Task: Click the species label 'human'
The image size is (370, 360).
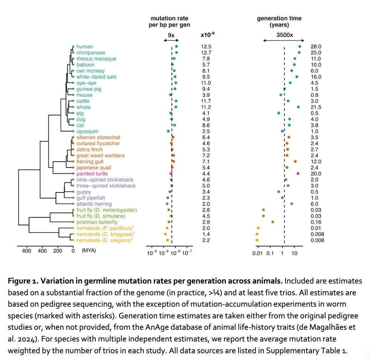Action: pyautogui.click(x=84, y=47)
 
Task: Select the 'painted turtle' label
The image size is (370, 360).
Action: pyautogui.click(x=92, y=174)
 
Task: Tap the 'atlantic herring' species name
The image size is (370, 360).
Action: pyautogui.click(x=94, y=204)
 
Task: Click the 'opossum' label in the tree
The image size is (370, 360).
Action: pyautogui.click(x=87, y=131)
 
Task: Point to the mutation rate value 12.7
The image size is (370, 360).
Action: pyautogui.click(x=206, y=53)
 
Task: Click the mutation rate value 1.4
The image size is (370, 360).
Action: pyautogui.click(x=206, y=234)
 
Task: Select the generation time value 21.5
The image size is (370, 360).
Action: pyautogui.click(x=316, y=107)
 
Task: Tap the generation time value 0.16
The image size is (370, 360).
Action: pyautogui.click(x=316, y=222)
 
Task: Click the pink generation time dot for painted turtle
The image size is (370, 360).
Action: pyautogui.click(x=298, y=174)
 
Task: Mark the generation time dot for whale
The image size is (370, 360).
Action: pyautogui.click(x=298, y=107)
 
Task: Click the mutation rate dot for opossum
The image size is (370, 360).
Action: pyautogui.click(x=168, y=131)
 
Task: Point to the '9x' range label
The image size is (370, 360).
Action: pyautogui.click(x=171, y=35)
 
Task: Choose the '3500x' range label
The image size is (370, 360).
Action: pyautogui.click(x=284, y=35)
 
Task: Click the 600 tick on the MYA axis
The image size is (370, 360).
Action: pyautogui.click(x=27, y=251)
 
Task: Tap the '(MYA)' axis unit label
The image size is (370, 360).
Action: pyautogui.click(x=89, y=251)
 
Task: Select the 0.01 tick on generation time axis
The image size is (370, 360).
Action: pyautogui.click(x=257, y=254)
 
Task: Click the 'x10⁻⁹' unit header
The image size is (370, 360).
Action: pyautogui.click(x=207, y=35)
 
